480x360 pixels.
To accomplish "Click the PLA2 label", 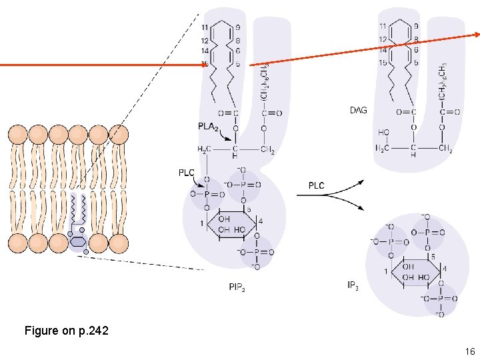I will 208,126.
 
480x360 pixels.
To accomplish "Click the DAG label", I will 358,110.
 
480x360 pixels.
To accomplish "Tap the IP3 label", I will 353,286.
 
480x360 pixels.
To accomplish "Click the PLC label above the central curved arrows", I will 316,185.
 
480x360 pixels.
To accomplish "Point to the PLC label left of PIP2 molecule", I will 187,173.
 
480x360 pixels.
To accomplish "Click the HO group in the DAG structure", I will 383,133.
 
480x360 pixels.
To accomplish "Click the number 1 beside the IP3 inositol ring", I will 385,271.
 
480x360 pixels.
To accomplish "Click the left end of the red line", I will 2,65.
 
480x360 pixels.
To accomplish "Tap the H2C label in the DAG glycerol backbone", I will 383,148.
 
